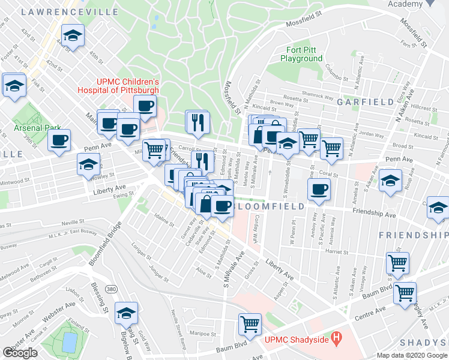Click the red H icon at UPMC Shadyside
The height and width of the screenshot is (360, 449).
pyautogui.click(x=336, y=338)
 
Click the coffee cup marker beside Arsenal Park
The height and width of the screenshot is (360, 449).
pyautogui.click(x=59, y=141)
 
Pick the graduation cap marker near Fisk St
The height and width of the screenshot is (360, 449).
pyautogui.click(x=14, y=85)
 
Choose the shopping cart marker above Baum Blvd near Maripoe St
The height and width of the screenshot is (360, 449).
pyautogui.click(x=250, y=325)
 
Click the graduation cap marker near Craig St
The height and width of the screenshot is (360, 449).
pyautogui.click(x=125, y=313)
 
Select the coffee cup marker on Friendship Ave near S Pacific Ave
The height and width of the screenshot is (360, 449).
pyautogui.click(x=319, y=190)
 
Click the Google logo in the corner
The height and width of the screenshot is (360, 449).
pyautogui.click(x=20, y=353)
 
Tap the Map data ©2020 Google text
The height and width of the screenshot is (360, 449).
pyautogui.click(x=411, y=355)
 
